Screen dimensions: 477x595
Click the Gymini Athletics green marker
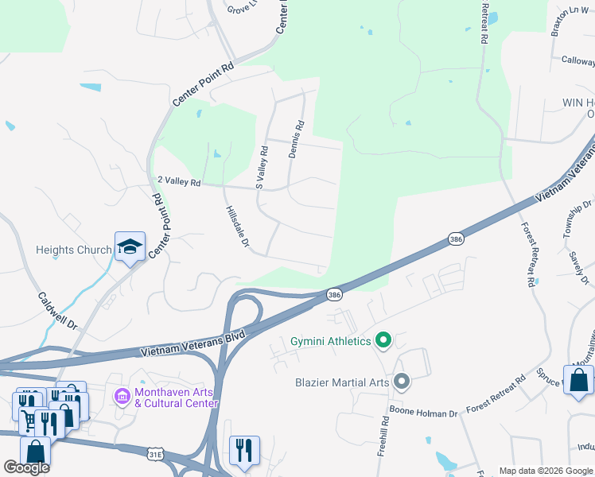tap(383, 341)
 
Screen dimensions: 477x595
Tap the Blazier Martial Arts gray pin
tap(402, 382)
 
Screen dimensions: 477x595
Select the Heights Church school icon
tap(130, 247)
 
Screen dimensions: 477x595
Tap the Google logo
tap(26, 467)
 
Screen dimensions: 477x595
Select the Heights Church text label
tap(74, 250)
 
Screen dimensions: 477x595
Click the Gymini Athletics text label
tap(330, 341)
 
